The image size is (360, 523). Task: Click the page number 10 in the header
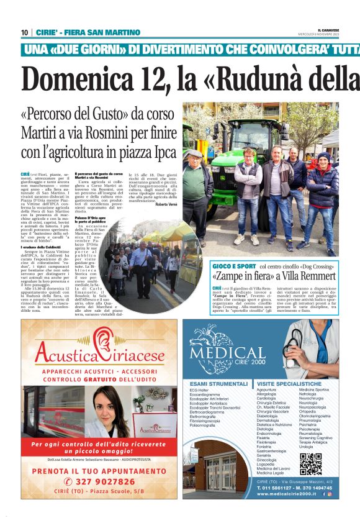pyautogui.click(x=24, y=32)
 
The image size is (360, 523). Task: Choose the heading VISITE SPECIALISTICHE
pyautogui.click(x=289, y=384)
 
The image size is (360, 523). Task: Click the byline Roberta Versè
pyautogui.click(x=165, y=204)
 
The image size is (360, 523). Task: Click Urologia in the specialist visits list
pyautogui.click(x=306, y=447)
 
